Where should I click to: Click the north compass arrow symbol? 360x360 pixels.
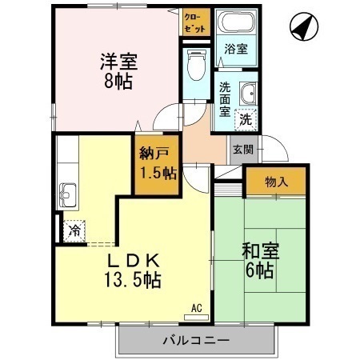[302, 28]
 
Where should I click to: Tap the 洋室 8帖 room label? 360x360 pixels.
[117, 70]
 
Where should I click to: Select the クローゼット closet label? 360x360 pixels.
[194, 22]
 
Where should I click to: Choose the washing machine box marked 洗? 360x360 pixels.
[246, 119]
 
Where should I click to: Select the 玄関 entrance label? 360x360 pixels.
[242, 150]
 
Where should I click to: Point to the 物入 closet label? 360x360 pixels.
[275, 182]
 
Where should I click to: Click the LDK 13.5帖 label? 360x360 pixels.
[136, 270]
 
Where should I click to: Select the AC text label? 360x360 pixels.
[196, 307]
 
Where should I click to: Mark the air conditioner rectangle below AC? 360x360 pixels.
[196, 317]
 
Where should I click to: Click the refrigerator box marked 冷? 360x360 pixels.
[74, 231]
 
